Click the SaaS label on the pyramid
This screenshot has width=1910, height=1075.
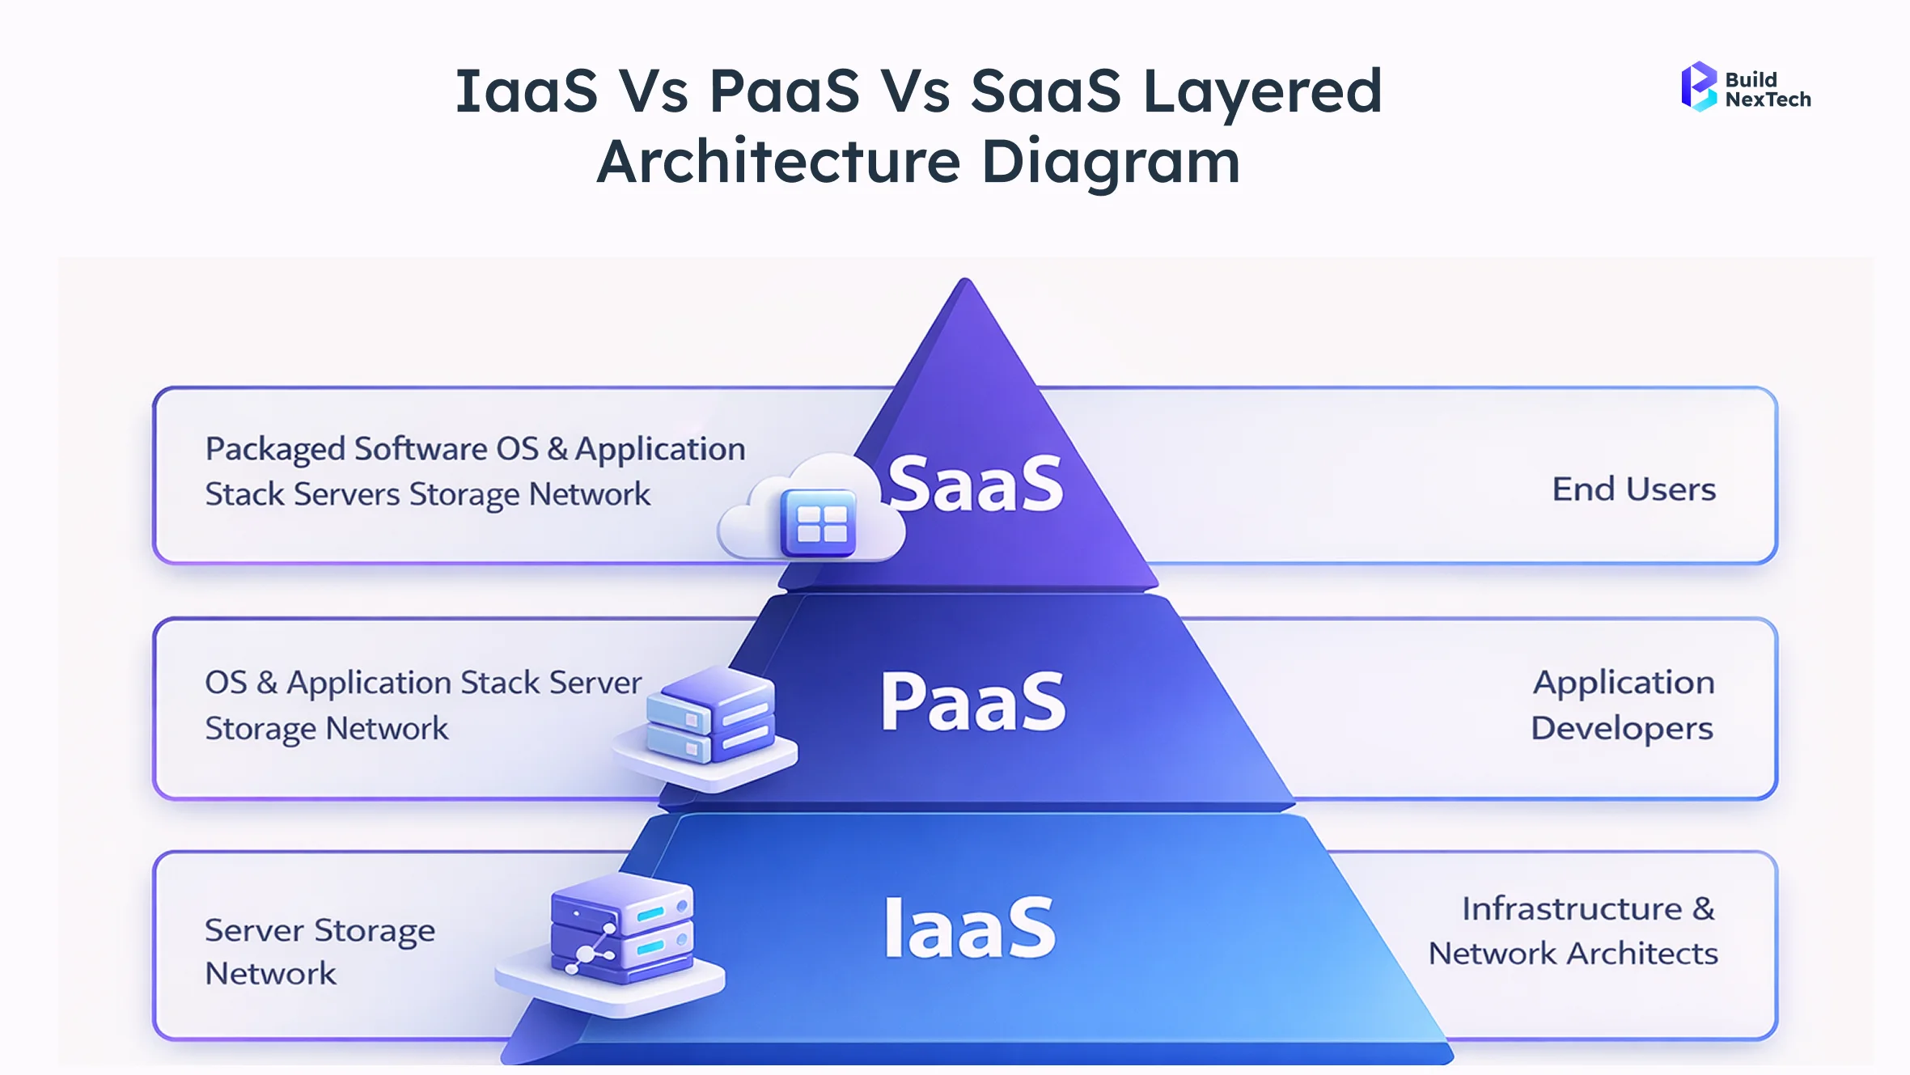point(975,484)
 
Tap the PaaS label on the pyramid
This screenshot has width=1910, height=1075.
point(973,701)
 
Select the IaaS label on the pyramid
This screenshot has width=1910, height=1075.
point(970,928)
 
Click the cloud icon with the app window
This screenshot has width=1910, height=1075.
point(813,510)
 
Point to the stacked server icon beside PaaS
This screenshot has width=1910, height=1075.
point(708,724)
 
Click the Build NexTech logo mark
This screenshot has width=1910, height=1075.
point(1698,87)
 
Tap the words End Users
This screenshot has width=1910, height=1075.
point(1633,489)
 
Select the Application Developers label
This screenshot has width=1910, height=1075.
point(1622,705)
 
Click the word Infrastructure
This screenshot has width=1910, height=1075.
point(1572,908)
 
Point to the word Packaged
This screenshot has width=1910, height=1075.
point(274,449)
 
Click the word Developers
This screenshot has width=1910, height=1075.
point(1622,728)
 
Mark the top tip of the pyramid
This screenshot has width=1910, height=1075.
point(965,281)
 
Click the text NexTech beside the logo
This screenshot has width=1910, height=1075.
point(1768,99)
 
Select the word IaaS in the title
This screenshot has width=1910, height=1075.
point(526,91)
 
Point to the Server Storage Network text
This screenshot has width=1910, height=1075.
point(319,951)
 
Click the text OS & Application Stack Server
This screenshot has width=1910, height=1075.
point(422,683)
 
